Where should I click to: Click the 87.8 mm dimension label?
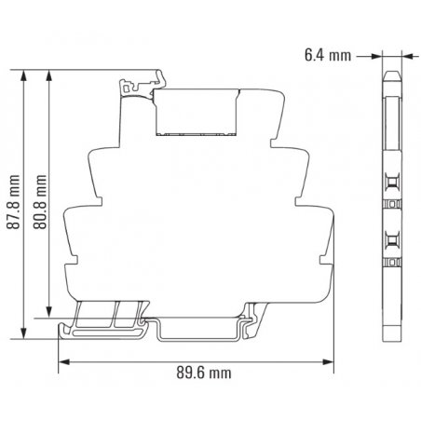tap(13, 202)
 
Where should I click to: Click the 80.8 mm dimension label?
tap(40, 202)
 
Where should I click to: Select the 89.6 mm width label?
tap(204, 373)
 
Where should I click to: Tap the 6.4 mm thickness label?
tap(328, 56)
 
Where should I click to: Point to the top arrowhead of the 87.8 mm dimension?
tap(23, 75)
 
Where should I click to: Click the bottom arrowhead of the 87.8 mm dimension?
tap(23, 333)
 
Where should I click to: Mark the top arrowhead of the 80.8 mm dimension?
tap(49, 75)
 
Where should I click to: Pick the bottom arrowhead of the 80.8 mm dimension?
tap(49, 312)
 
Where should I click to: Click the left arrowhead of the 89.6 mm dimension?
tap(63, 362)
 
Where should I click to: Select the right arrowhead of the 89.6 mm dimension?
tap(328, 362)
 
